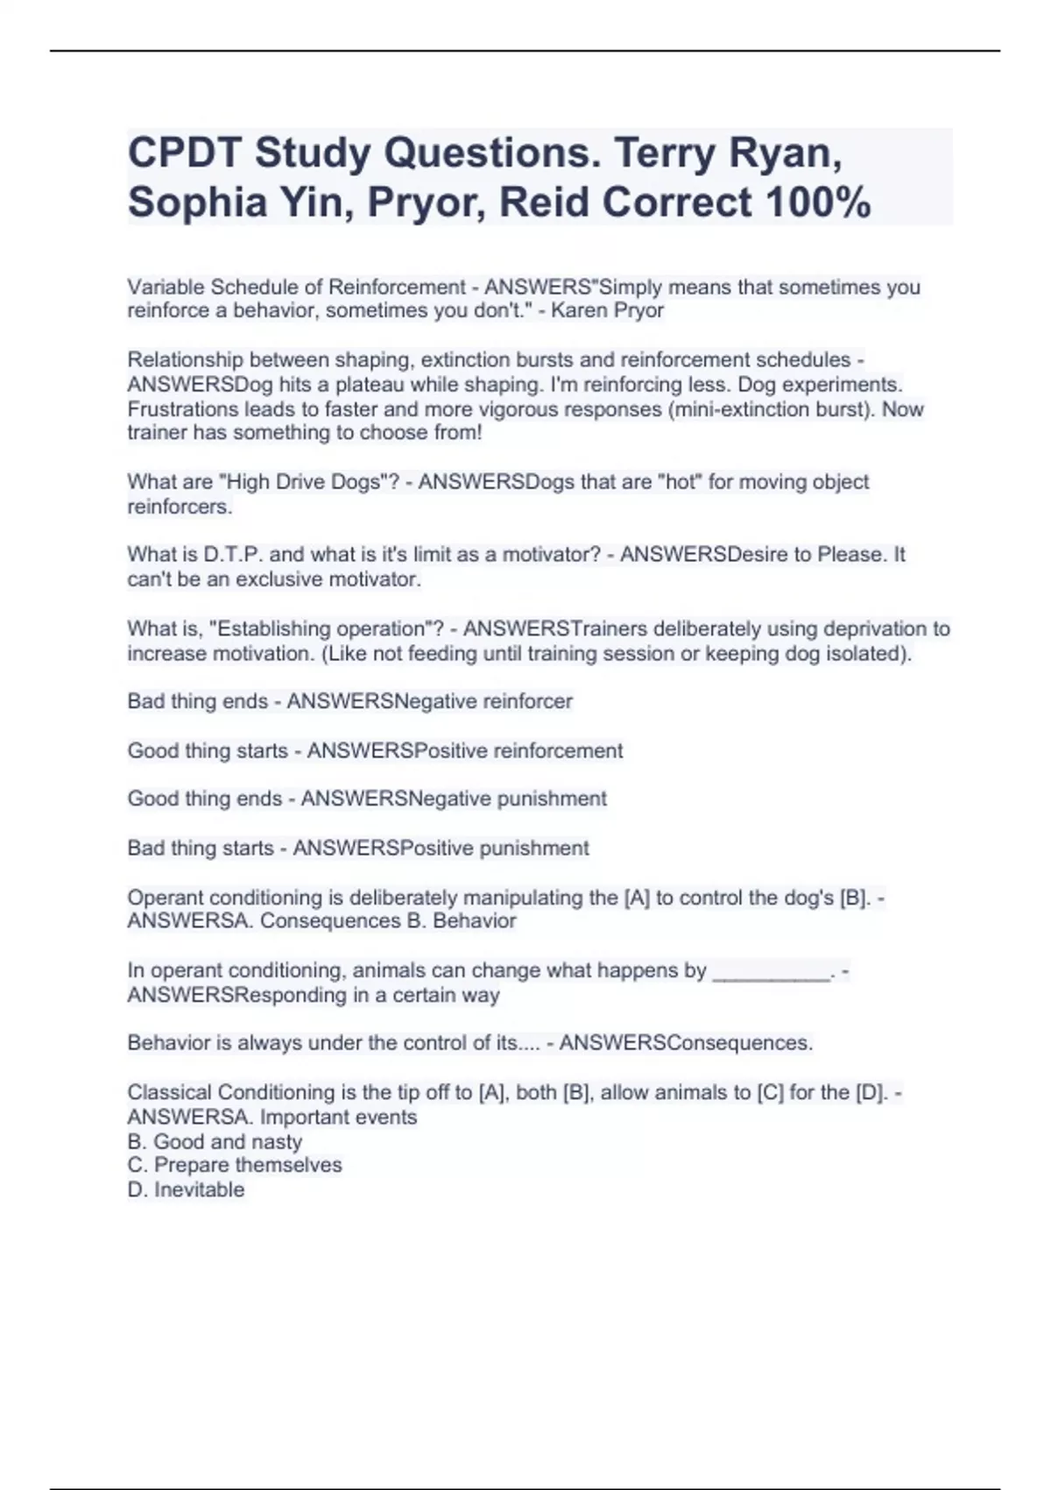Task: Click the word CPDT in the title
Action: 183,153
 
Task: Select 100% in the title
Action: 818,202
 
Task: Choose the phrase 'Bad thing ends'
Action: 198,701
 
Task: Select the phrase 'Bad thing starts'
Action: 201,848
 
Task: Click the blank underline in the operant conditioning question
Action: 771,971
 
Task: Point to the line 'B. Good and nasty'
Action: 215,1141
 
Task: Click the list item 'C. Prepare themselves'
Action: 235,1165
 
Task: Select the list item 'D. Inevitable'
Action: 186,1189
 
